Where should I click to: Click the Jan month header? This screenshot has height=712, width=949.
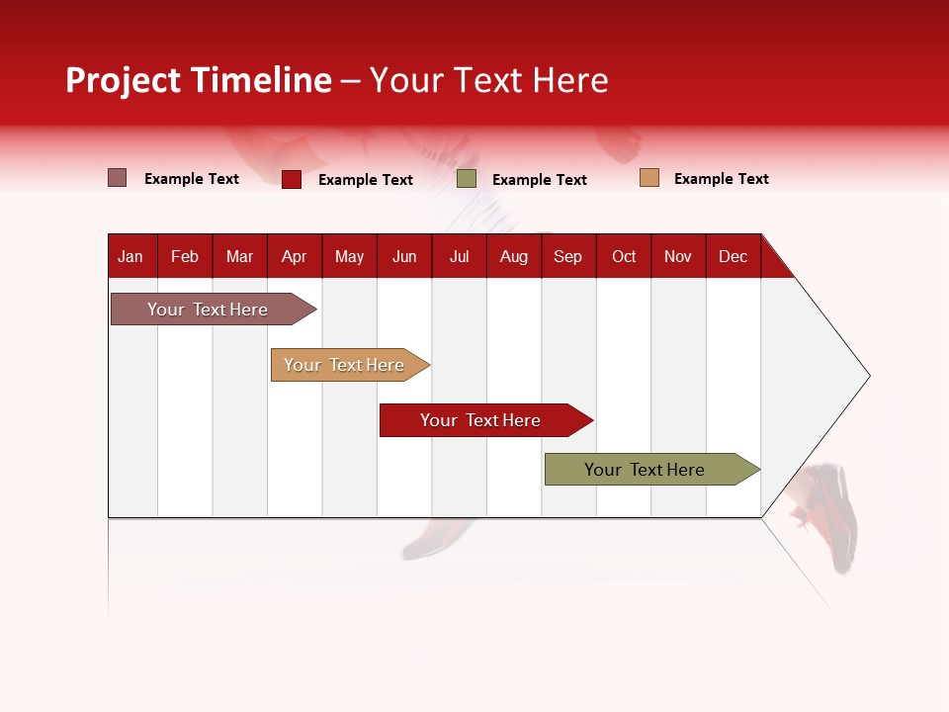130,256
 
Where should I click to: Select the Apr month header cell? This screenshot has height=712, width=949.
294,256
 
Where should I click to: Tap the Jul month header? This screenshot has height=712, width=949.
459,256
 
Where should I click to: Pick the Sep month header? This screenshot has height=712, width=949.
567,256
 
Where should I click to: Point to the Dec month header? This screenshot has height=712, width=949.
733,256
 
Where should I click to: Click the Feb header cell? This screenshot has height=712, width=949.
185,256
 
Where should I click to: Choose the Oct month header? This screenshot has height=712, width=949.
624,256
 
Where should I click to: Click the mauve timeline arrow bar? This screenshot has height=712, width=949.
208,310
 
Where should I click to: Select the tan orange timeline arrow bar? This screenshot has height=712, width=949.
344,365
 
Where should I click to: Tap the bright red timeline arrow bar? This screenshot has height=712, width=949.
480,420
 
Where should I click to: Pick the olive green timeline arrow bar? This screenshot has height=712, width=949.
645,470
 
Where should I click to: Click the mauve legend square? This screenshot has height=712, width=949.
117,178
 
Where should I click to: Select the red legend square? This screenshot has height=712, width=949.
292,179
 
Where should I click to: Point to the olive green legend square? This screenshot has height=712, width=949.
467,179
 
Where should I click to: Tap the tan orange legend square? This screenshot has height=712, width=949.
648,178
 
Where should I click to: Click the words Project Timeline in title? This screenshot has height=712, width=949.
199,80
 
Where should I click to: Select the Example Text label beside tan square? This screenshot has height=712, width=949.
721,179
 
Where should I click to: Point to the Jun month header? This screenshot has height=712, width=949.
404,256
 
